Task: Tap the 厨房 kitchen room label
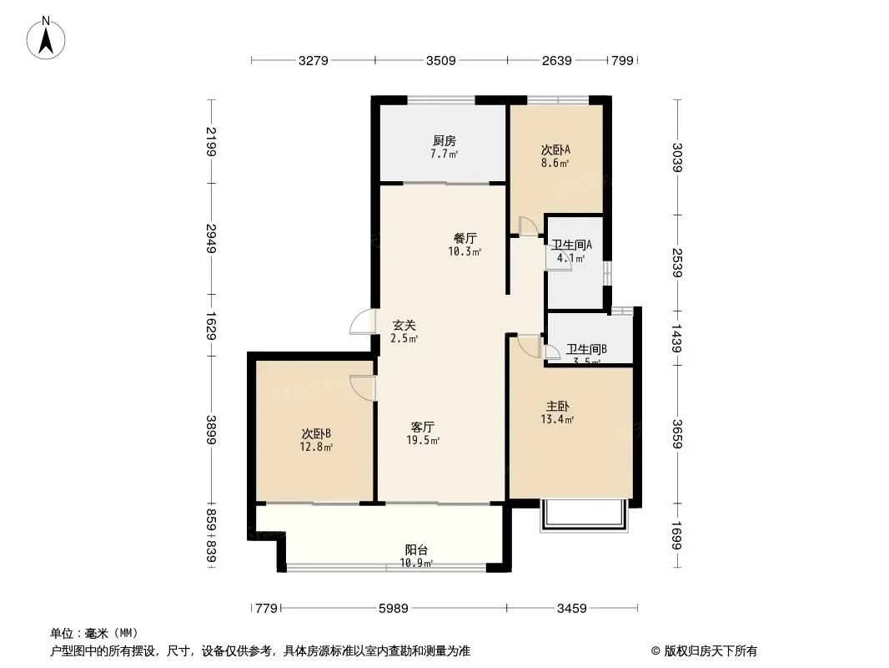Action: pyautogui.click(x=444, y=141)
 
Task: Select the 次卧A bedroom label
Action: pyautogui.click(x=555, y=150)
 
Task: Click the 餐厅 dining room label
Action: pyautogui.click(x=465, y=238)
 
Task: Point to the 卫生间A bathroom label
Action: pyautogui.click(x=571, y=245)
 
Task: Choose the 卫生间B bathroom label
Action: pyautogui.click(x=586, y=350)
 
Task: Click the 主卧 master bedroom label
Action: pyautogui.click(x=557, y=407)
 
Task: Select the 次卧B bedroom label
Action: pyautogui.click(x=317, y=433)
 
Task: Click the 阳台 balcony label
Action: pyautogui.click(x=417, y=550)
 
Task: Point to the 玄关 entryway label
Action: pyautogui.click(x=404, y=326)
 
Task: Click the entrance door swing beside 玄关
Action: pyautogui.click(x=363, y=321)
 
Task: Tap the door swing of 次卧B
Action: pyautogui.click(x=362, y=387)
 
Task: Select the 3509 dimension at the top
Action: pyautogui.click(x=440, y=60)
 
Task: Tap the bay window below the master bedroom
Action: pyautogui.click(x=583, y=517)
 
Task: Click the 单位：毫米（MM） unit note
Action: pyautogui.click(x=93, y=633)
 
